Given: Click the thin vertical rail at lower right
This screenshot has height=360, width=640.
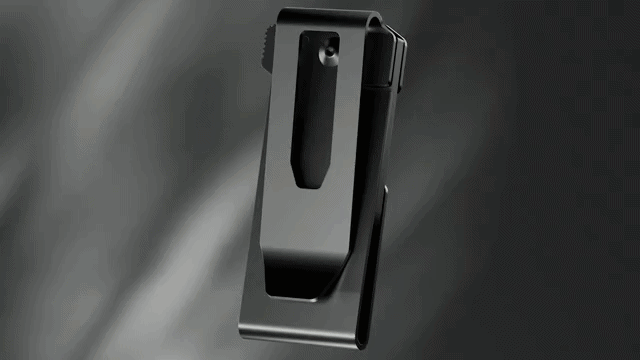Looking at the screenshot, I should [x=375, y=260].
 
